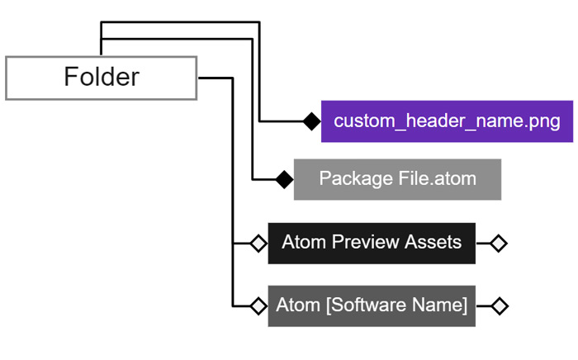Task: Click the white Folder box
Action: pos(101,78)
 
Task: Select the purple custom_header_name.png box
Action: pos(447,121)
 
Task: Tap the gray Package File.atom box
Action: pos(397,179)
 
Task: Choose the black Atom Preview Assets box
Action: pos(372,243)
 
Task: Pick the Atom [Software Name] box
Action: pos(372,306)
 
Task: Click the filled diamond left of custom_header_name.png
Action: pos(311,121)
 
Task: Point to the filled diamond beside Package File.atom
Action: pos(284,179)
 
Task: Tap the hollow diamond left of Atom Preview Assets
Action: pos(258,244)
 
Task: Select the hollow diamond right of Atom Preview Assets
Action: pos(498,244)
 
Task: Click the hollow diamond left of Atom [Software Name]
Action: pos(258,306)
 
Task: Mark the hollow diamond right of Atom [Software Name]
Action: pos(498,306)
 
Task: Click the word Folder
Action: pos(101,78)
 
